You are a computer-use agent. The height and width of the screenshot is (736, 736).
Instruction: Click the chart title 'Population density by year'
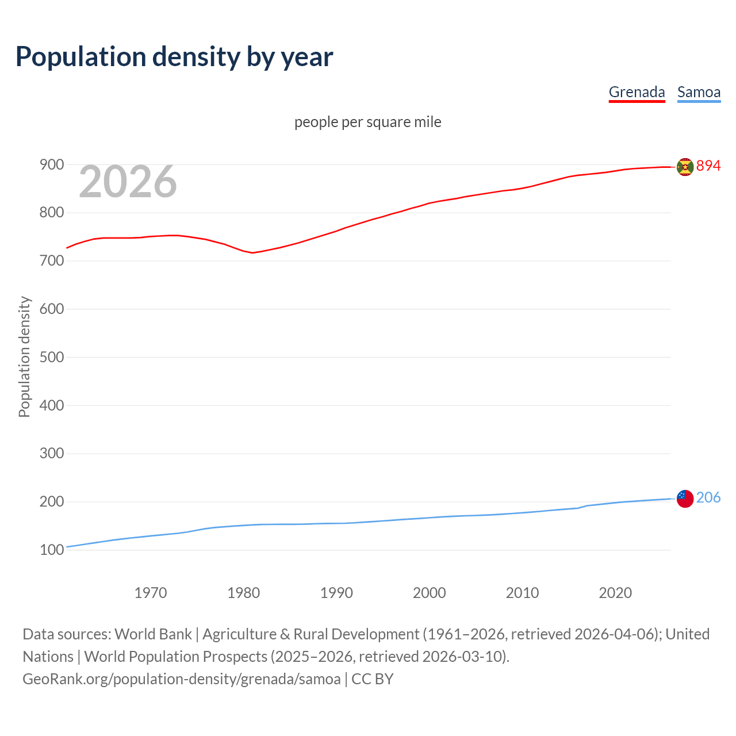tap(174, 56)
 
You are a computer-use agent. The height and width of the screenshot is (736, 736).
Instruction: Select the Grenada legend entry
tap(637, 92)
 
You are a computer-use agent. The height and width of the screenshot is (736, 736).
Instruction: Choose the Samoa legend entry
tap(699, 92)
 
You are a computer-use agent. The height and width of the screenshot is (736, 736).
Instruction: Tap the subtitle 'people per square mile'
tap(368, 122)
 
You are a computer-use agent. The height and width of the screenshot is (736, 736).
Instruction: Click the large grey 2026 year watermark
tap(128, 182)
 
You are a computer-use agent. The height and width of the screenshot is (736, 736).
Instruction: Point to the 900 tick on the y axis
tap(51, 165)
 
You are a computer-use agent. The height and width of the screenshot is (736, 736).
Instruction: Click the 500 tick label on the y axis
tap(51, 357)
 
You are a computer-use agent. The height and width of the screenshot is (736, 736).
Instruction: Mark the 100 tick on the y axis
tap(51, 550)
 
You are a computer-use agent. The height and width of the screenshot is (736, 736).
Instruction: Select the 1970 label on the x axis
tap(151, 593)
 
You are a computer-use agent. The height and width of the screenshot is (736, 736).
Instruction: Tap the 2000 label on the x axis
tap(430, 593)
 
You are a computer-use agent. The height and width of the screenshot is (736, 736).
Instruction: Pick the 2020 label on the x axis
tap(615, 593)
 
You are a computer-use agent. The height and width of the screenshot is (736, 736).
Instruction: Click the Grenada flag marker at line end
tap(685, 167)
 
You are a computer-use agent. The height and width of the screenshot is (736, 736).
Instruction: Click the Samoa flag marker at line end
tap(685, 499)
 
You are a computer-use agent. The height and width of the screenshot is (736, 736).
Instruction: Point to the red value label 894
tap(708, 166)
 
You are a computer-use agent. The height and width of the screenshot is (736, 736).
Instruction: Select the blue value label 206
tap(708, 497)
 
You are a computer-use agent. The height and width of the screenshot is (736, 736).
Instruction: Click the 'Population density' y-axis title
tap(24, 356)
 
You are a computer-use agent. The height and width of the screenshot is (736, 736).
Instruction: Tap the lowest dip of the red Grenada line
tap(252, 253)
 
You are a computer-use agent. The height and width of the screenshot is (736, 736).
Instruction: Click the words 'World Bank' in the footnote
tap(153, 634)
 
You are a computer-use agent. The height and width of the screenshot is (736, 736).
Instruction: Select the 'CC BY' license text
tap(373, 679)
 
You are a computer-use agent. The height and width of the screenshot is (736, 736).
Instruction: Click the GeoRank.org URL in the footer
tap(182, 679)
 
